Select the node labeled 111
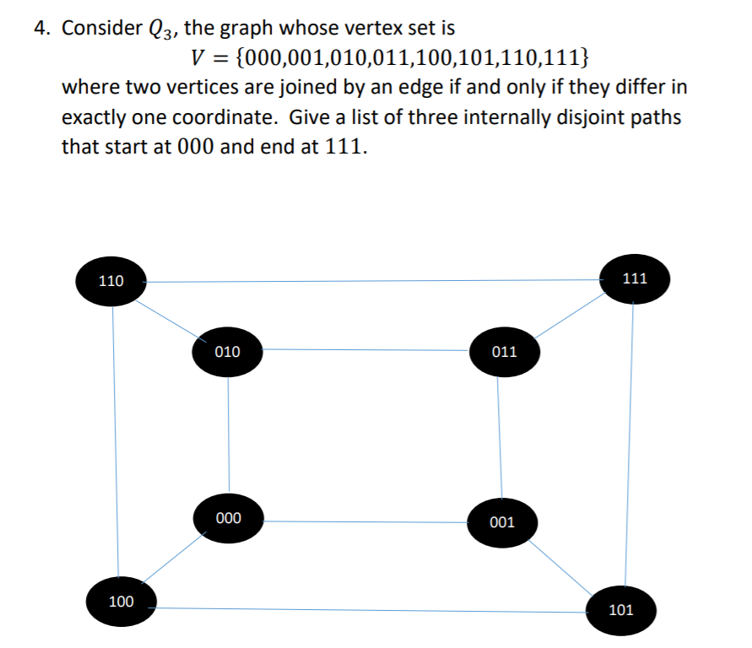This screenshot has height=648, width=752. pyautogui.click(x=635, y=278)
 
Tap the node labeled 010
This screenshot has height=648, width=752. pyautogui.click(x=227, y=350)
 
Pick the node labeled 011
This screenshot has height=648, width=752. pyautogui.click(x=504, y=351)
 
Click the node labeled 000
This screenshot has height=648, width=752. pyautogui.click(x=228, y=517)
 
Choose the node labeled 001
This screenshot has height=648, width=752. pyautogui.click(x=501, y=522)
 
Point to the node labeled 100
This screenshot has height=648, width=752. pyautogui.click(x=121, y=601)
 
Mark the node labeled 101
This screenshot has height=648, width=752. pyautogui.click(x=620, y=609)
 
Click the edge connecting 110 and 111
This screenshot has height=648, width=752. pyautogui.click(x=371, y=281)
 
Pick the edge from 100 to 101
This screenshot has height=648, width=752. pyautogui.click(x=371, y=609)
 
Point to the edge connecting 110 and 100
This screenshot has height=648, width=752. pyautogui.click(x=115, y=439)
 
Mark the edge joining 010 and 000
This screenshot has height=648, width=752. pyautogui.click(x=228, y=435)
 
